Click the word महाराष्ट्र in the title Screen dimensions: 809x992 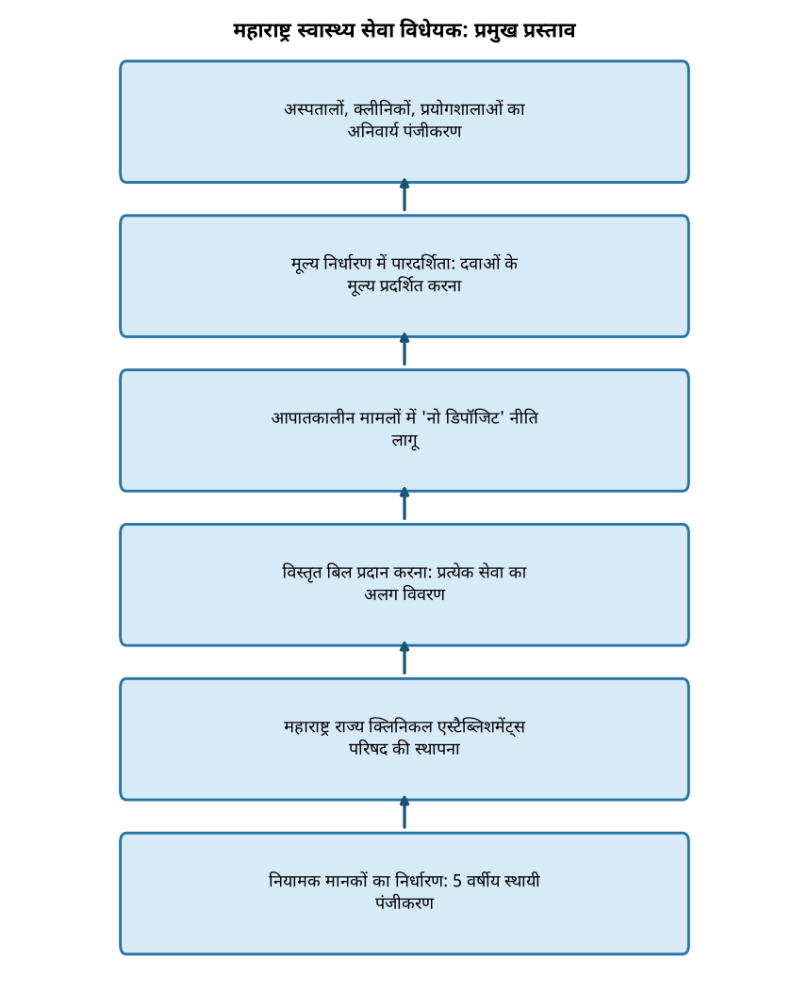coord(262,30)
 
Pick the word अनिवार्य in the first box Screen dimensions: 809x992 coord(372,131)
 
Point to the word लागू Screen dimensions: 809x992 coord(405,441)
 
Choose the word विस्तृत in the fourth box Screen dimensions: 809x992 coord(302,573)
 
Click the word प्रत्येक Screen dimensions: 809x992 coord(455,573)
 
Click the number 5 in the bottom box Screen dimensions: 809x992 coord(457,881)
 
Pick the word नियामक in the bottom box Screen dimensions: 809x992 coord(294,881)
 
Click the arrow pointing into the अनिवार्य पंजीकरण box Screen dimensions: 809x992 coord(404,196)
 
